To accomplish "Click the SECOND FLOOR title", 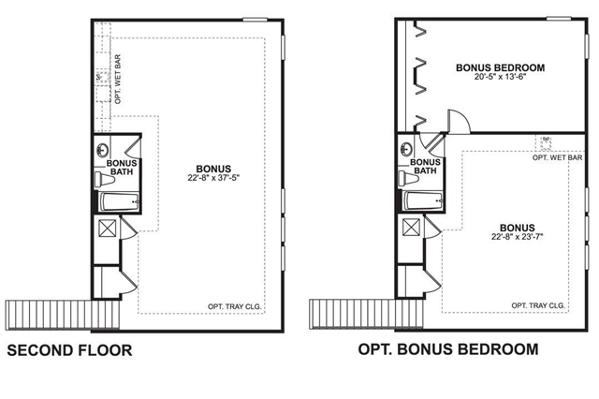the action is tap(69, 350).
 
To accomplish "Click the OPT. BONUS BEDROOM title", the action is tap(448, 349).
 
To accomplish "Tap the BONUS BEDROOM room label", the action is tap(500, 67).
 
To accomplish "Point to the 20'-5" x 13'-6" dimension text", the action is tap(500, 77).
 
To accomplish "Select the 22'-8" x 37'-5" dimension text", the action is tap(213, 178).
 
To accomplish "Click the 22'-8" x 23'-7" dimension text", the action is tap(518, 237).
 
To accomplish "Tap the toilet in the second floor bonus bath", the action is tap(104, 179).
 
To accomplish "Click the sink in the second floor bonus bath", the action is tap(102, 150).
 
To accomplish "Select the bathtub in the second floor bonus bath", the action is tap(119, 201).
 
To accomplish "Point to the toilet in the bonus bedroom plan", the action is tap(408, 178).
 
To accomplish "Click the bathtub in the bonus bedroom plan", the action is tap(423, 200).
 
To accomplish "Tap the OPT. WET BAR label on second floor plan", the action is tap(118, 79).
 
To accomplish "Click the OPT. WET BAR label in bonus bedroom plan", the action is tap(558, 157).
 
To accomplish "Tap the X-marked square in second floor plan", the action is tap(107, 229).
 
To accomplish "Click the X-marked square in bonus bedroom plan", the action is tap(411, 228).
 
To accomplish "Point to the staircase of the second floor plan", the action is tap(63, 315).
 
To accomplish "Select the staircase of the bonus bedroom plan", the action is tap(366, 314).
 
